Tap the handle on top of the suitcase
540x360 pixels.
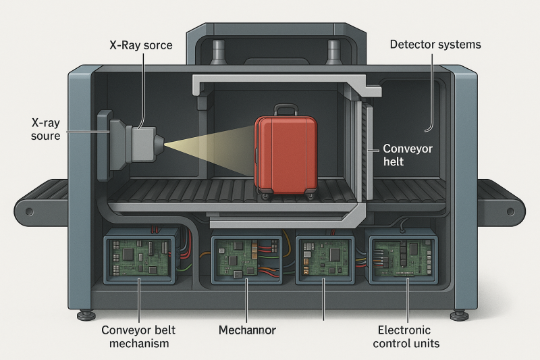pyautogui.click(x=286, y=109)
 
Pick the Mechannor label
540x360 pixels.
pyautogui.click(x=246, y=330)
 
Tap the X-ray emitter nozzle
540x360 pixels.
pyautogui.click(x=158, y=144)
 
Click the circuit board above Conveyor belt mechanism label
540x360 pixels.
pyautogui.click(x=138, y=256)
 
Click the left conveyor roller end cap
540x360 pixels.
pyautogui.click(x=28, y=211)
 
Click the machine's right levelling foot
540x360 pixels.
pyautogui.click(x=458, y=314)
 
